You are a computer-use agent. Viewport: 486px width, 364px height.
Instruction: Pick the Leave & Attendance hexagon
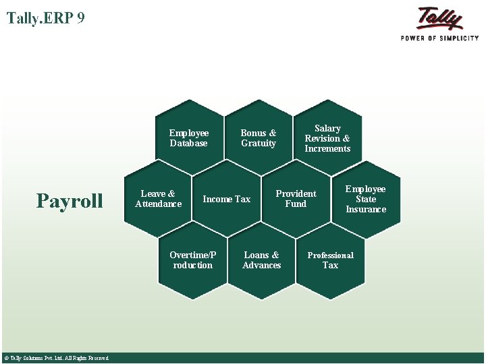[159, 199]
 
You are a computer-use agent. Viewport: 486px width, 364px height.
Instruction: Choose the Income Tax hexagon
[227, 199]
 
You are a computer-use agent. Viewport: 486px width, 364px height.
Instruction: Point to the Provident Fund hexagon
[296, 199]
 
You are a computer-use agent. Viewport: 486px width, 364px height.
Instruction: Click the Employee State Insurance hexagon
[365, 199]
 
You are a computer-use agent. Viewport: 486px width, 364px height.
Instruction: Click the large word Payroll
[70, 201]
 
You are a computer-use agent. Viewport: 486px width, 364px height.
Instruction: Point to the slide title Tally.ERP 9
[46, 18]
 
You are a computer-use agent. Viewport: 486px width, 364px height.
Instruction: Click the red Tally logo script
[439, 18]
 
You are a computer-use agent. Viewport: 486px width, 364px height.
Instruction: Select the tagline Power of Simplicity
[439, 38]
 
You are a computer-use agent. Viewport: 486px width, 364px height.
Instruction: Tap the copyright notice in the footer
[56, 358]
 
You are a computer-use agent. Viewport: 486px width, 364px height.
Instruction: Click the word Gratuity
[259, 144]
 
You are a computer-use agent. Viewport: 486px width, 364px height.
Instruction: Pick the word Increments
[327, 149]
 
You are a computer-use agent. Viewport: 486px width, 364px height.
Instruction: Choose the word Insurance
[366, 210]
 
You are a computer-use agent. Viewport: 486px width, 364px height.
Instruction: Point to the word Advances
[261, 266]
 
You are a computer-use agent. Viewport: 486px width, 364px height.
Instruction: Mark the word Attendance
[159, 204]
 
